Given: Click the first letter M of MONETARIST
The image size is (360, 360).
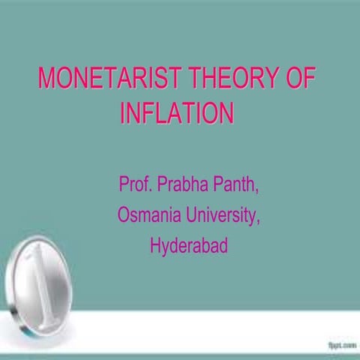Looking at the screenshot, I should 47,79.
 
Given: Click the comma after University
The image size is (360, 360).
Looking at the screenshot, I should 259,220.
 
